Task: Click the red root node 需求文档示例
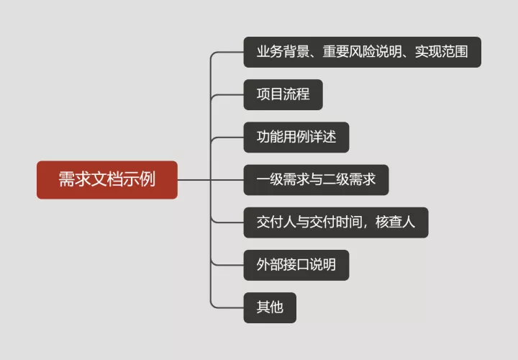[x=106, y=179]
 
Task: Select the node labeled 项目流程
[x=283, y=94]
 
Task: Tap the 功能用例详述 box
[x=296, y=137]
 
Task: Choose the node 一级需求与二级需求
[x=316, y=179]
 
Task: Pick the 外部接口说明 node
[x=296, y=265]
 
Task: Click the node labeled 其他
[x=270, y=307]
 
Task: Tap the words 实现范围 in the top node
[x=441, y=52]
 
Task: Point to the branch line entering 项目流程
[x=229, y=94]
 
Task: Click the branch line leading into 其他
[x=229, y=307]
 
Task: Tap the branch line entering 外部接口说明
[x=229, y=265]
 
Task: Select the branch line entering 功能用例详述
[x=229, y=137]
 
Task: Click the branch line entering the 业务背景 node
[x=229, y=52]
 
